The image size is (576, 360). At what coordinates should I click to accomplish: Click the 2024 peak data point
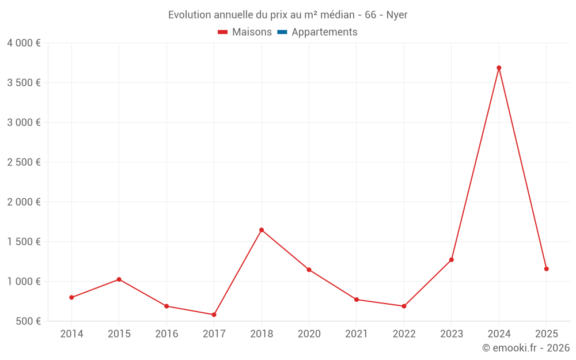click(x=499, y=68)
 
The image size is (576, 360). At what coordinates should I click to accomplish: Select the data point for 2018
click(x=262, y=230)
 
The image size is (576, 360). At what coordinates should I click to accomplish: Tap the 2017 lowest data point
click(x=214, y=314)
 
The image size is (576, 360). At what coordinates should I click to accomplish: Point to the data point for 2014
click(x=71, y=297)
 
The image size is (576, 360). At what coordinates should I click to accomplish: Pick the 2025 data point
click(x=546, y=269)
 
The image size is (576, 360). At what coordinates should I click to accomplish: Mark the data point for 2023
click(x=451, y=260)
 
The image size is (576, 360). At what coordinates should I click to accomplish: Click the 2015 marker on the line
click(x=119, y=279)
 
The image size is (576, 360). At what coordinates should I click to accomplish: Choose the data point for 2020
click(x=309, y=270)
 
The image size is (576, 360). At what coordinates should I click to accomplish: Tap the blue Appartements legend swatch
click(x=282, y=32)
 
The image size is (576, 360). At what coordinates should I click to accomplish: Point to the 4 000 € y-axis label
click(x=24, y=43)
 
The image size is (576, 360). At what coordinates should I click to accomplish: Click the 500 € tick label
click(x=28, y=321)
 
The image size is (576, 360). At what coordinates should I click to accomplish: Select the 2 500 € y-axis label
click(x=24, y=162)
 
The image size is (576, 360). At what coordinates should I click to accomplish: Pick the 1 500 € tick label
click(x=24, y=242)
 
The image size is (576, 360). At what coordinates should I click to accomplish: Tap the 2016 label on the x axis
click(x=166, y=334)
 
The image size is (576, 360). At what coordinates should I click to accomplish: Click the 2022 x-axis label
click(x=404, y=334)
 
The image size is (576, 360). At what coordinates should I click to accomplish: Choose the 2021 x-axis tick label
click(x=357, y=334)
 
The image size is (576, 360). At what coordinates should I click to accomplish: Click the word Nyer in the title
click(x=397, y=15)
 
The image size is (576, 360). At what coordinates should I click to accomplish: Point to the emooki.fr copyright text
click(x=526, y=348)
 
